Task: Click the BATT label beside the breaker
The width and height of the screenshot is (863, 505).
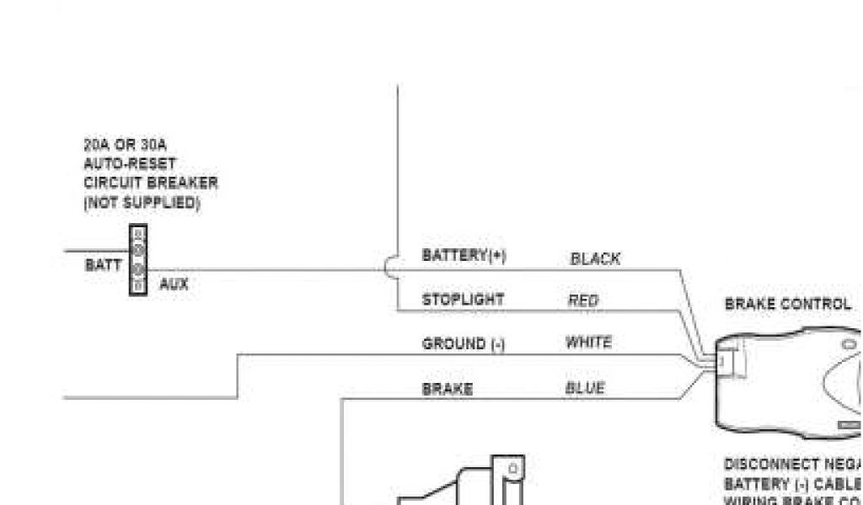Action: tap(103, 265)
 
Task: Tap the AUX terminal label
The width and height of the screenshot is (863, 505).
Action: tap(174, 284)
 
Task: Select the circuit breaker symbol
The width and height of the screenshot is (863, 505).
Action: tap(138, 259)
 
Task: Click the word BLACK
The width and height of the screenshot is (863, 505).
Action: tap(595, 259)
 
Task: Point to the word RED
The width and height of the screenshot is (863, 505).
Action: tap(583, 300)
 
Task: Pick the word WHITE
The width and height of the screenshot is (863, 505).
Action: tap(588, 343)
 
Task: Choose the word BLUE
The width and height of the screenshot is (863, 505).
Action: tap(584, 388)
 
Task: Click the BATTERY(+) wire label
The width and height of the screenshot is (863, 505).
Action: tap(464, 255)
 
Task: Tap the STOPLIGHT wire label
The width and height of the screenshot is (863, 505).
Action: tap(463, 300)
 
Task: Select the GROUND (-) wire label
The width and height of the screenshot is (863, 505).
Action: tap(464, 343)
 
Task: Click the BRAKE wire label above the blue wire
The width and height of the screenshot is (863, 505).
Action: tap(447, 389)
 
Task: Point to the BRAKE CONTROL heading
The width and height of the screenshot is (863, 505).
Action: tap(788, 304)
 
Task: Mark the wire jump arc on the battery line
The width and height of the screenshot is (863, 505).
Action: tap(389, 268)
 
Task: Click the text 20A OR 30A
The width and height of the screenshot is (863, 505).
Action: tap(125, 146)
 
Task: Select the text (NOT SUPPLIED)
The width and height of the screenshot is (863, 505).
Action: tap(142, 203)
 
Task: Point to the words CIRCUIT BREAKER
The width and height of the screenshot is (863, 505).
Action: tap(151, 183)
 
